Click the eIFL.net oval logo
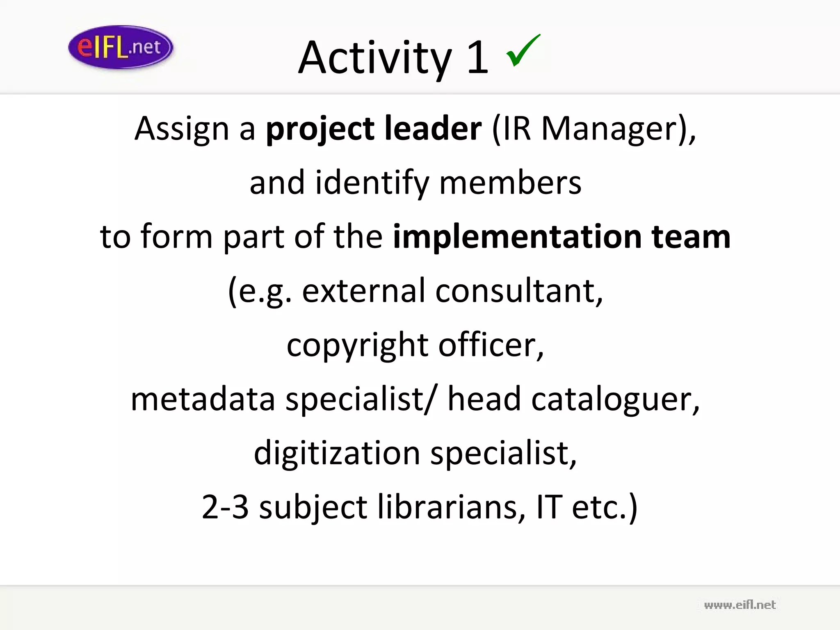(x=121, y=48)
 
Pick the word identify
(x=372, y=183)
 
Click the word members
(x=510, y=183)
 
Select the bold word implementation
(x=517, y=237)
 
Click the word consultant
(x=518, y=291)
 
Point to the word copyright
(x=357, y=345)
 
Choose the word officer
(x=491, y=345)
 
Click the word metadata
(x=203, y=399)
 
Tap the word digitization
(x=337, y=453)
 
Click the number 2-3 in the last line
(x=225, y=507)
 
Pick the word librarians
(x=451, y=507)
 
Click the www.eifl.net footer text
(x=740, y=605)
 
